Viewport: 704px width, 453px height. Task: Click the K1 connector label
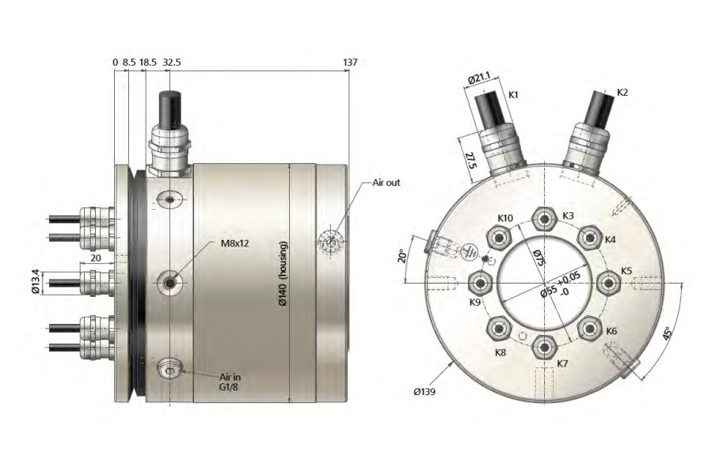tap(512, 95)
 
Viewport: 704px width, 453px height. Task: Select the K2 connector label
tap(622, 93)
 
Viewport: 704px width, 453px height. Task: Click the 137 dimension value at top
tap(349, 61)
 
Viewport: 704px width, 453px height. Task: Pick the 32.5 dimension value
tap(171, 61)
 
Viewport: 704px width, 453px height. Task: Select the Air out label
tap(386, 182)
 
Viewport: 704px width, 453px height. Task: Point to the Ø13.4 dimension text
tap(34, 280)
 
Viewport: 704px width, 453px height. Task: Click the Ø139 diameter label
tap(424, 391)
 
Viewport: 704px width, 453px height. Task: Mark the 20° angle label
tap(404, 257)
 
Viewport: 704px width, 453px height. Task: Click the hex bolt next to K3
tap(543, 219)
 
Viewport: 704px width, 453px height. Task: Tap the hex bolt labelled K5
tap(607, 283)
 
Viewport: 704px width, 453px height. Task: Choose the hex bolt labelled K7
tap(543, 347)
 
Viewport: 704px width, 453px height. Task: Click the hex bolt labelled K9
tap(480, 283)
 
